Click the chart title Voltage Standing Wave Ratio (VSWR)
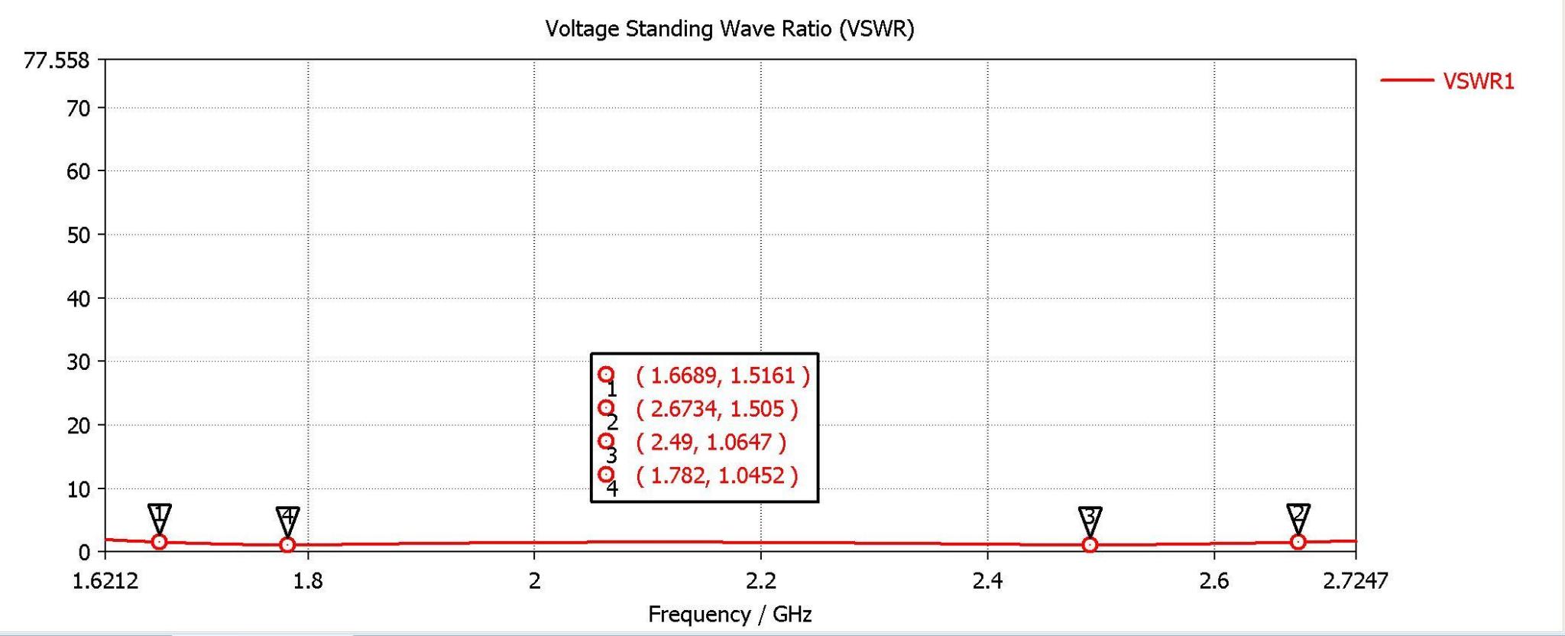(x=729, y=29)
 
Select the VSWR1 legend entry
(x=1478, y=82)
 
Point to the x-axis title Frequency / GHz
(x=729, y=615)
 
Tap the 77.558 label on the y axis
(x=57, y=60)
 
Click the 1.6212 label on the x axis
(x=105, y=582)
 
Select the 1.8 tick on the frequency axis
(x=308, y=582)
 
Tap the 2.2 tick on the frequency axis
(x=760, y=582)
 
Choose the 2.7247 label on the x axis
(x=1355, y=582)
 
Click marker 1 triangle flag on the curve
(x=159, y=517)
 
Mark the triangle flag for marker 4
(x=287, y=519)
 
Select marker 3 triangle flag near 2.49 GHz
(x=1090, y=519)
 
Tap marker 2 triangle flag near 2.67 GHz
(x=1298, y=517)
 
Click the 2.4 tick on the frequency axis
(x=987, y=582)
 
